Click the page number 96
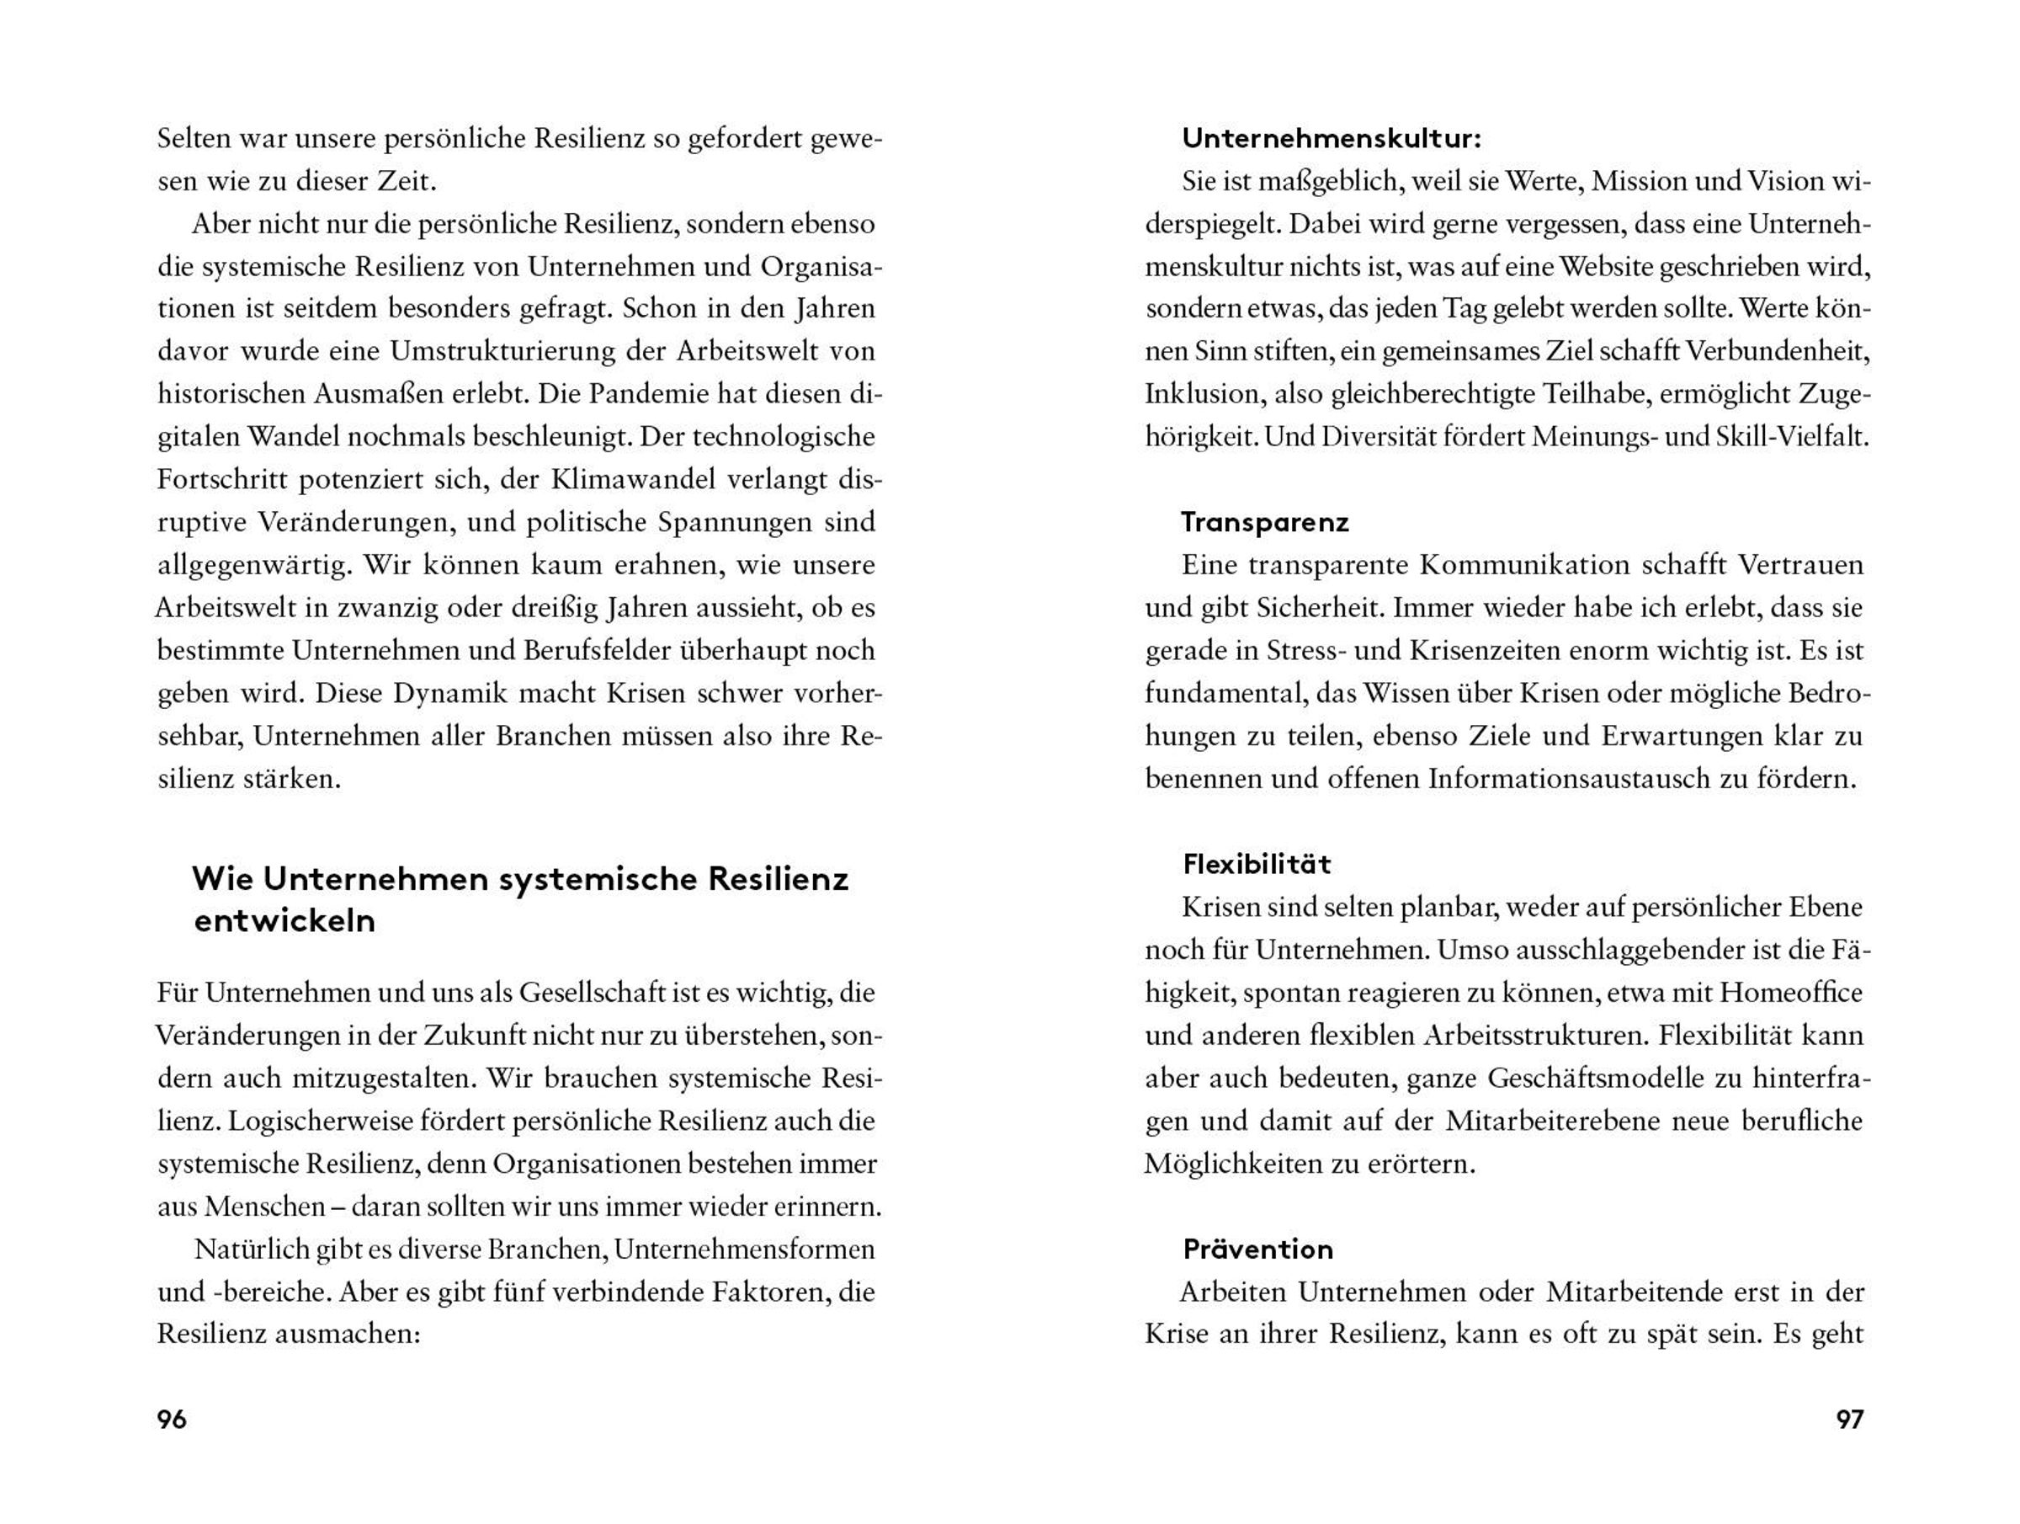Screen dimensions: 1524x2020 [172, 1419]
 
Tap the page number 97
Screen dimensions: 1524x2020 [1849, 1419]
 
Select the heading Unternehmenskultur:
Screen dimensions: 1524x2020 [1332, 139]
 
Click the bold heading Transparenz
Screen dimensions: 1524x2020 [1265, 523]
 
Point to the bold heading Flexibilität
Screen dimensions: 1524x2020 [1257, 865]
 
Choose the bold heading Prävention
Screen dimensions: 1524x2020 [1257, 1249]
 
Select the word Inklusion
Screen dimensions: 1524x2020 [1202, 395]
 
